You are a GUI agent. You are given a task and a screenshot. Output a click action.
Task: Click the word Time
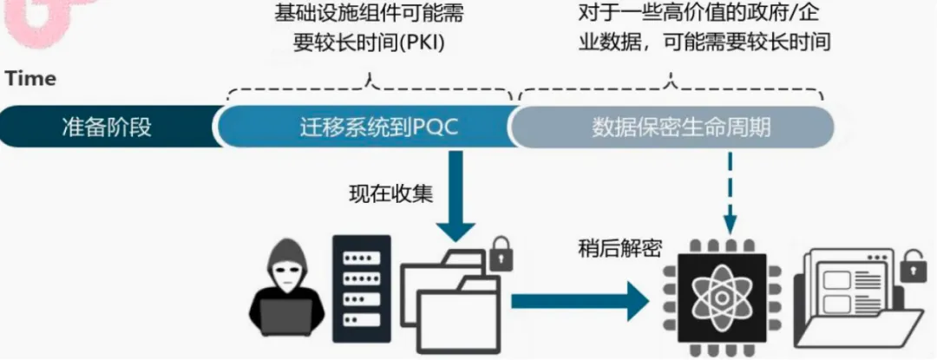(x=30, y=79)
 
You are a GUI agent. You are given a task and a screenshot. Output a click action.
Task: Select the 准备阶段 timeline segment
(x=107, y=128)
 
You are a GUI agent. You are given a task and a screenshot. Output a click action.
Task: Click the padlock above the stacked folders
(x=501, y=254)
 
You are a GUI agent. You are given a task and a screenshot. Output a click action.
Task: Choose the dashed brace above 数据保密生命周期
(x=671, y=86)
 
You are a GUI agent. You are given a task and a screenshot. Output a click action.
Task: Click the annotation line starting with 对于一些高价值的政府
(x=704, y=14)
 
